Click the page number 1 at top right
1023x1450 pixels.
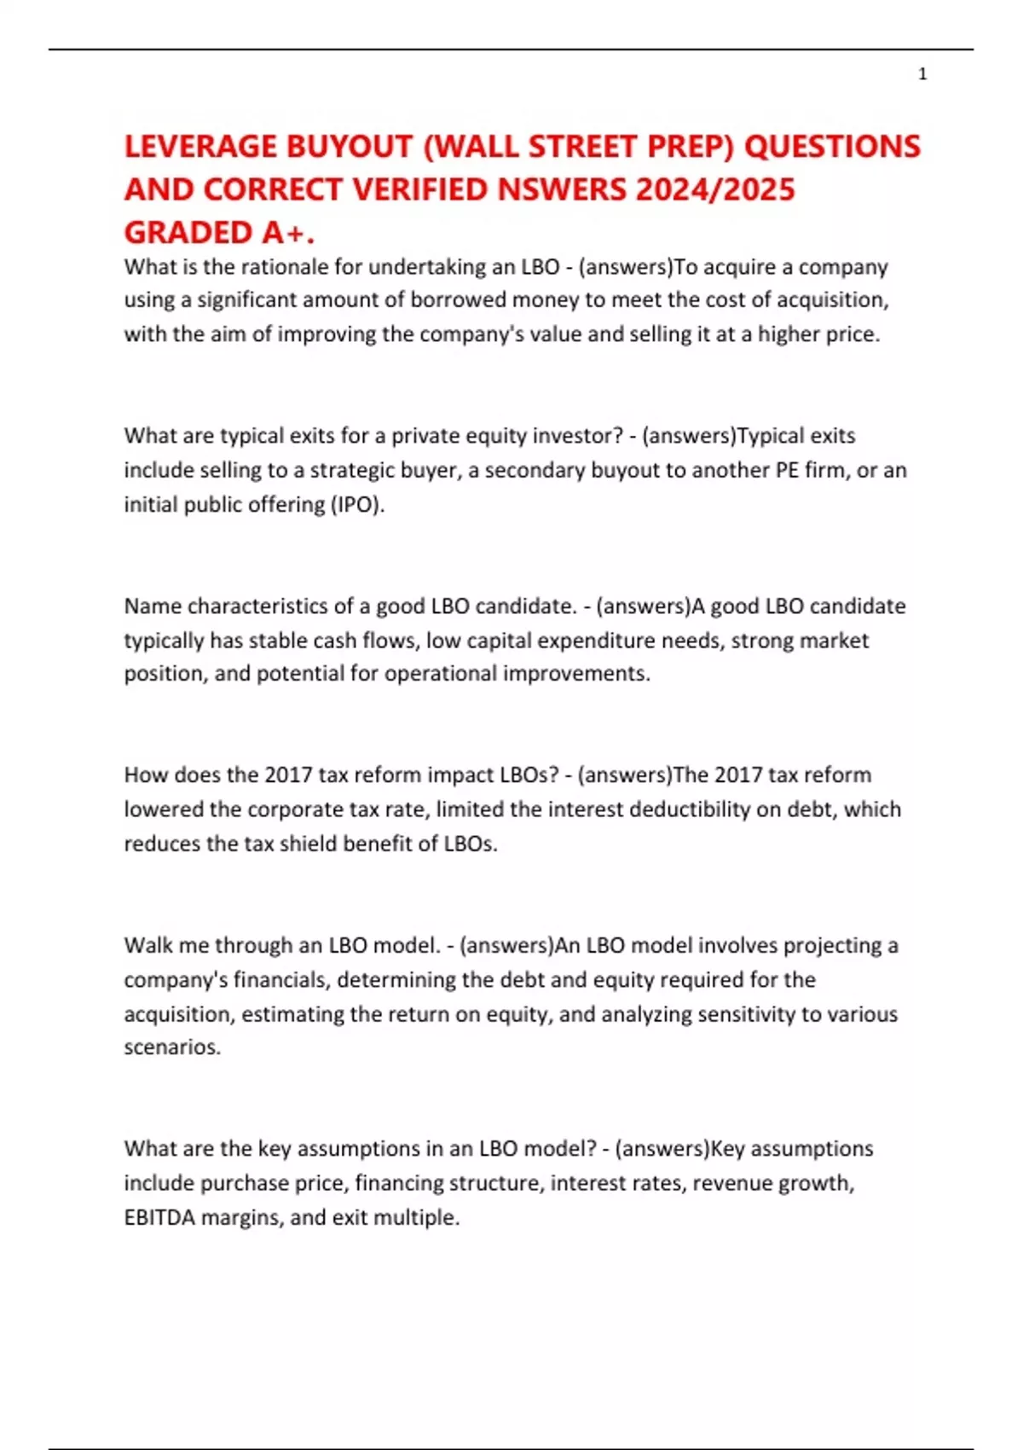[922, 74]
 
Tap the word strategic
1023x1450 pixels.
[357, 470]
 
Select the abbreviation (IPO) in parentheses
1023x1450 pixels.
[358, 504]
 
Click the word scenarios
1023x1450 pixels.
[171, 1047]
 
